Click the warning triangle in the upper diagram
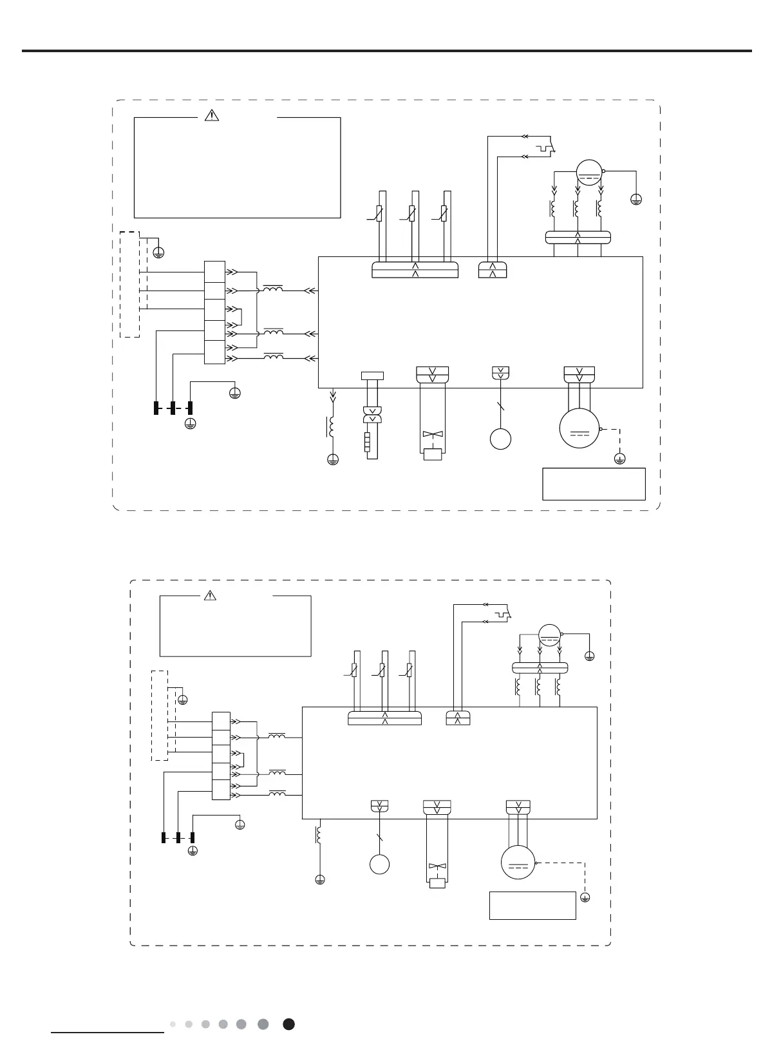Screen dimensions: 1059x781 (x=212, y=116)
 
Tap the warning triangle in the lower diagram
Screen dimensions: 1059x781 (x=210, y=596)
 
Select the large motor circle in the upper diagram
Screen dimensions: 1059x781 (x=579, y=428)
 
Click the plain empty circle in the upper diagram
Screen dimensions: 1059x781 (x=500, y=439)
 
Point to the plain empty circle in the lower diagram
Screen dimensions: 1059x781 (x=379, y=864)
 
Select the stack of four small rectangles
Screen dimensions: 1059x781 (x=368, y=443)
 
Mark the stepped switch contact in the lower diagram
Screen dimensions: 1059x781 (x=503, y=615)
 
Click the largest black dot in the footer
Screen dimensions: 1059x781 (x=289, y=1024)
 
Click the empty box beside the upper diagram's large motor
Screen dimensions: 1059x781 (x=594, y=484)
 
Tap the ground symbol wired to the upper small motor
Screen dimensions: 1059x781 (x=636, y=200)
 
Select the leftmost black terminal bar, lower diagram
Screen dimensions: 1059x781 (x=163, y=837)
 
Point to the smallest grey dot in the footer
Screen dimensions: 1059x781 (x=173, y=1024)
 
